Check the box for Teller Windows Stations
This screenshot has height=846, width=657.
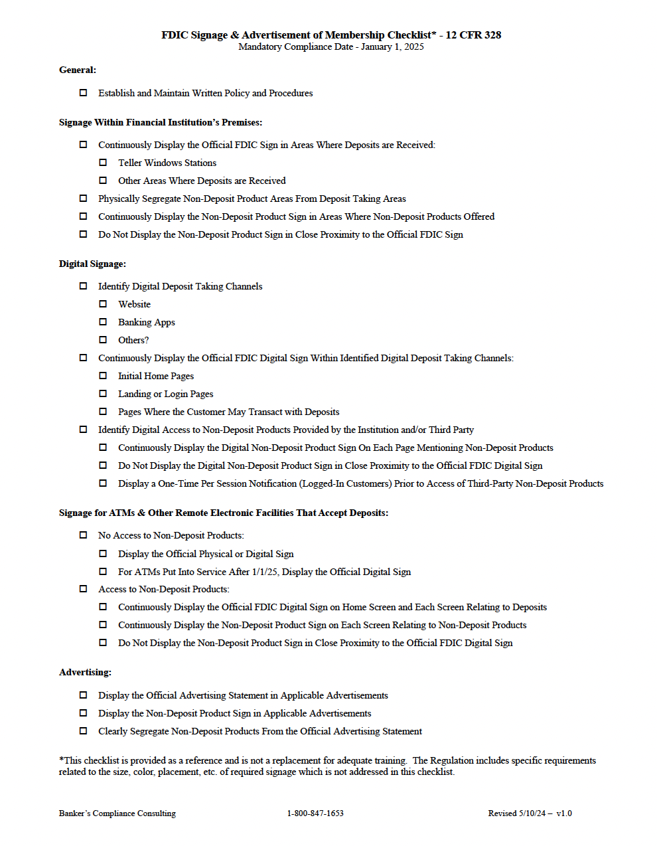(103, 162)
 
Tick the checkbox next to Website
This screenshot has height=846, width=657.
(103, 303)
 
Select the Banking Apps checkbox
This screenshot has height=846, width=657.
(103, 321)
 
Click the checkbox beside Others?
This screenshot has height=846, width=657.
(103, 339)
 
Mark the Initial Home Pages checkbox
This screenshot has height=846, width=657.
(103, 375)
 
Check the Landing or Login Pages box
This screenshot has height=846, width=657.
(103, 393)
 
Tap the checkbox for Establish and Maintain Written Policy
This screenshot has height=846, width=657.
(83, 92)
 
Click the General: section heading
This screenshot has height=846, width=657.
(78, 70)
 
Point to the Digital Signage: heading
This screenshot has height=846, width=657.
(92, 264)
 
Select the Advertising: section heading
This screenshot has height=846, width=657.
(85, 672)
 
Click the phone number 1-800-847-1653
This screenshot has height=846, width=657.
(315, 813)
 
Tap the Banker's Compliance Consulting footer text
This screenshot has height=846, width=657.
(117, 813)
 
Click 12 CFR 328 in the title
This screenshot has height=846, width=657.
(473, 35)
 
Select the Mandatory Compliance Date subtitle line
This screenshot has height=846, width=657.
(331, 46)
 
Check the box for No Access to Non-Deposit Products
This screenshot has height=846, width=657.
(83, 535)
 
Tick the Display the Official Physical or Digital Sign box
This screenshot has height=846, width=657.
(103, 553)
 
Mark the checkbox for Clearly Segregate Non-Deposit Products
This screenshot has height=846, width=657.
(83, 730)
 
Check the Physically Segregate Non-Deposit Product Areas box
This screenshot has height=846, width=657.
(83, 198)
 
